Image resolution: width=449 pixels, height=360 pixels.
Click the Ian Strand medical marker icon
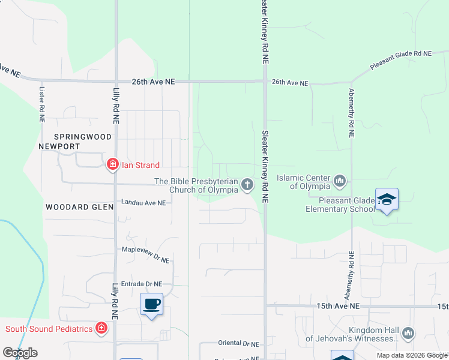pos(112,164)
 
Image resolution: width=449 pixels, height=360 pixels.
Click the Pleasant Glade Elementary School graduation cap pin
pos(387,200)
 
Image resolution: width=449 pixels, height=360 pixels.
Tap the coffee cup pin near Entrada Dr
pos(151,304)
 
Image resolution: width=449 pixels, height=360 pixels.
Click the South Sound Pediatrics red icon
pos(101,328)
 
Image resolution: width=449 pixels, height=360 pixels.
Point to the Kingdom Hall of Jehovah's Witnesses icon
pos(408,332)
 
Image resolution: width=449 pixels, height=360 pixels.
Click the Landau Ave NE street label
pos(143,203)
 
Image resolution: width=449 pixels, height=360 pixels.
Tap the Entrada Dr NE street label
pos(142,284)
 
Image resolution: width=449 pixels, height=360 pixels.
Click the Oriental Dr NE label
pos(238,344)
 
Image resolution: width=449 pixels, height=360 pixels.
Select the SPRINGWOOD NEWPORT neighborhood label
pos(76,142)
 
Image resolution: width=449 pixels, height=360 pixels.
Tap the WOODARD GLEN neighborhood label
pos(79,206)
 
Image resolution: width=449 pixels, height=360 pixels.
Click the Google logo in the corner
pos(20,353)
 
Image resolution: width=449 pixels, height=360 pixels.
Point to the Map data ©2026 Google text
pos(412,355)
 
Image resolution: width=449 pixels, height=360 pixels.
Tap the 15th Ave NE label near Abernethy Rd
pos(338,306)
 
